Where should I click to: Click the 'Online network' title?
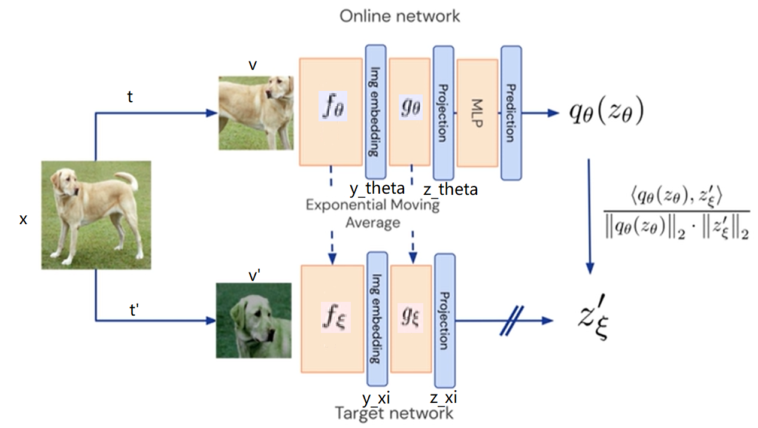(x=399, y=16)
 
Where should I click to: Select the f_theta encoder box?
(x=331, y=112)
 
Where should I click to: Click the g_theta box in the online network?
(x=410, y=112)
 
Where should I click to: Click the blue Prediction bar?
(x=511, y=113)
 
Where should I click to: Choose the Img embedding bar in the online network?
(x=375, y=111)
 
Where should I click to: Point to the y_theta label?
(x=377, y=189)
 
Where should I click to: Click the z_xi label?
(x=444, y=398)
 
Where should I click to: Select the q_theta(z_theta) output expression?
(x=606, y=112)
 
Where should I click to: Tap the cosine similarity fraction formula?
(x=676, y=213)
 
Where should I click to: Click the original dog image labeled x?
(x=96, y=215)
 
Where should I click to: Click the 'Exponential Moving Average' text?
(x=372, y=214)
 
